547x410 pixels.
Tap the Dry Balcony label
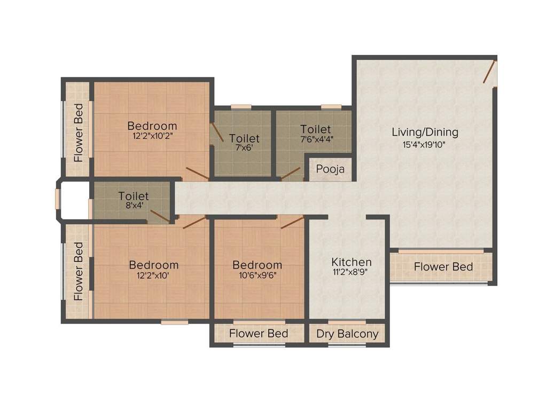coord(347,334)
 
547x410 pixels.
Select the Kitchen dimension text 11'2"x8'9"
coord(351,271)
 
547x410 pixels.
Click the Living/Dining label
coord(425,132)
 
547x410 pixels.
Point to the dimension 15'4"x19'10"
coord(425,145)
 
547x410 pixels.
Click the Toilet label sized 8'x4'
coord(134,196)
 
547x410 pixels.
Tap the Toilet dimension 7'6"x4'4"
coord(315,139)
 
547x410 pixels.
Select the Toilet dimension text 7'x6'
coord(244,148)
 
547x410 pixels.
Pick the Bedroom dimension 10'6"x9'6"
coord(257,275)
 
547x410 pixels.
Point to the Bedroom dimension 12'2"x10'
coord(153,275)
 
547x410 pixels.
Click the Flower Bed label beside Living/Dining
coord(443,266)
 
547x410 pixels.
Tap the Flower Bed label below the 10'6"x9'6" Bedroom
coord(259,334)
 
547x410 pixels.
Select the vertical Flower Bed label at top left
coord(79,132)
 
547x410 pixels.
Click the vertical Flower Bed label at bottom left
coord(79,271)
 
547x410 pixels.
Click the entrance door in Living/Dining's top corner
coord(490,72)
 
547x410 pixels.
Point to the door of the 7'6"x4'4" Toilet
coord(291,174)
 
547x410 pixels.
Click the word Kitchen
coord(351,262)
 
